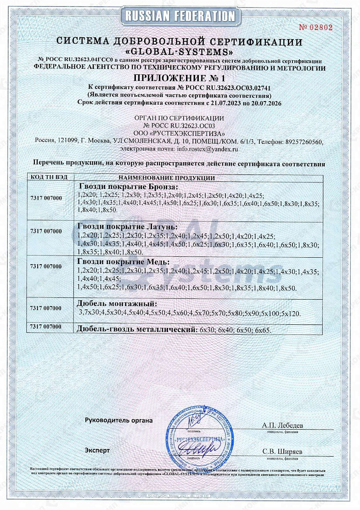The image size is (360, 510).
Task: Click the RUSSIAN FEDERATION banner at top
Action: pos(180,16)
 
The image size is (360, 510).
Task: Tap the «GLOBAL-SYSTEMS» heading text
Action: pos(180,51)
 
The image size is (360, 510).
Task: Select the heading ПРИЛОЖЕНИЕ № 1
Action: pos(180,78)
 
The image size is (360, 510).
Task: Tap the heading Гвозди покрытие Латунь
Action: pos(127,227)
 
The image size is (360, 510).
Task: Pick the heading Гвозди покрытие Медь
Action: pos(121,261)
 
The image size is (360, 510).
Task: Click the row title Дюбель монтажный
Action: pos(117,304)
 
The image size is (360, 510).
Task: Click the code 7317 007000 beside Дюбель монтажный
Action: pos(45,308)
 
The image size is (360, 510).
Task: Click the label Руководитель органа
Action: pos(119,420)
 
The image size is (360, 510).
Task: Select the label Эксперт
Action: pos(97,450)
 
